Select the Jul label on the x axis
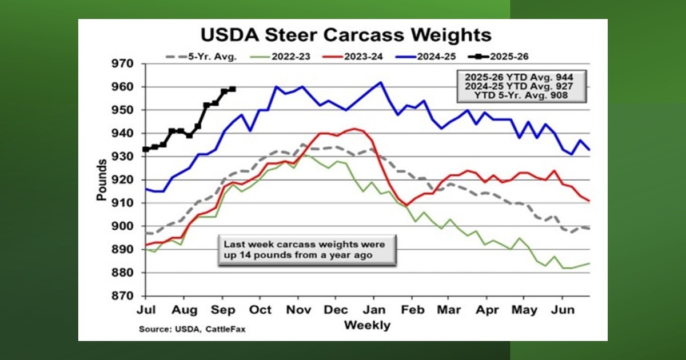point(146,310)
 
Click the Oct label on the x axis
point(260,310)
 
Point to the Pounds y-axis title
point(102,180)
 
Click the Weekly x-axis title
point(367,325)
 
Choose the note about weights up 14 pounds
point(306,250)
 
